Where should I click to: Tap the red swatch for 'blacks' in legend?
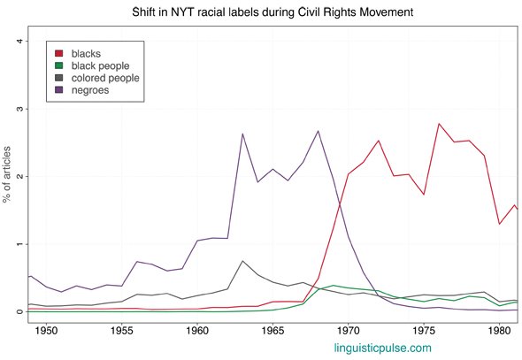(x=59, y=54)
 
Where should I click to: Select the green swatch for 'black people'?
(x=59, y=66)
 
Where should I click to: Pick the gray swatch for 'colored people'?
(x=59, y=79)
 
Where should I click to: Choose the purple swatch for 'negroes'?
(x=59, y=91)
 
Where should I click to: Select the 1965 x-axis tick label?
(x=273, y=330)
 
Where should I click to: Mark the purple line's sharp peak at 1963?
(x=242, y=134)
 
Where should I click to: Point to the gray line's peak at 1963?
(x=242, y=261)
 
